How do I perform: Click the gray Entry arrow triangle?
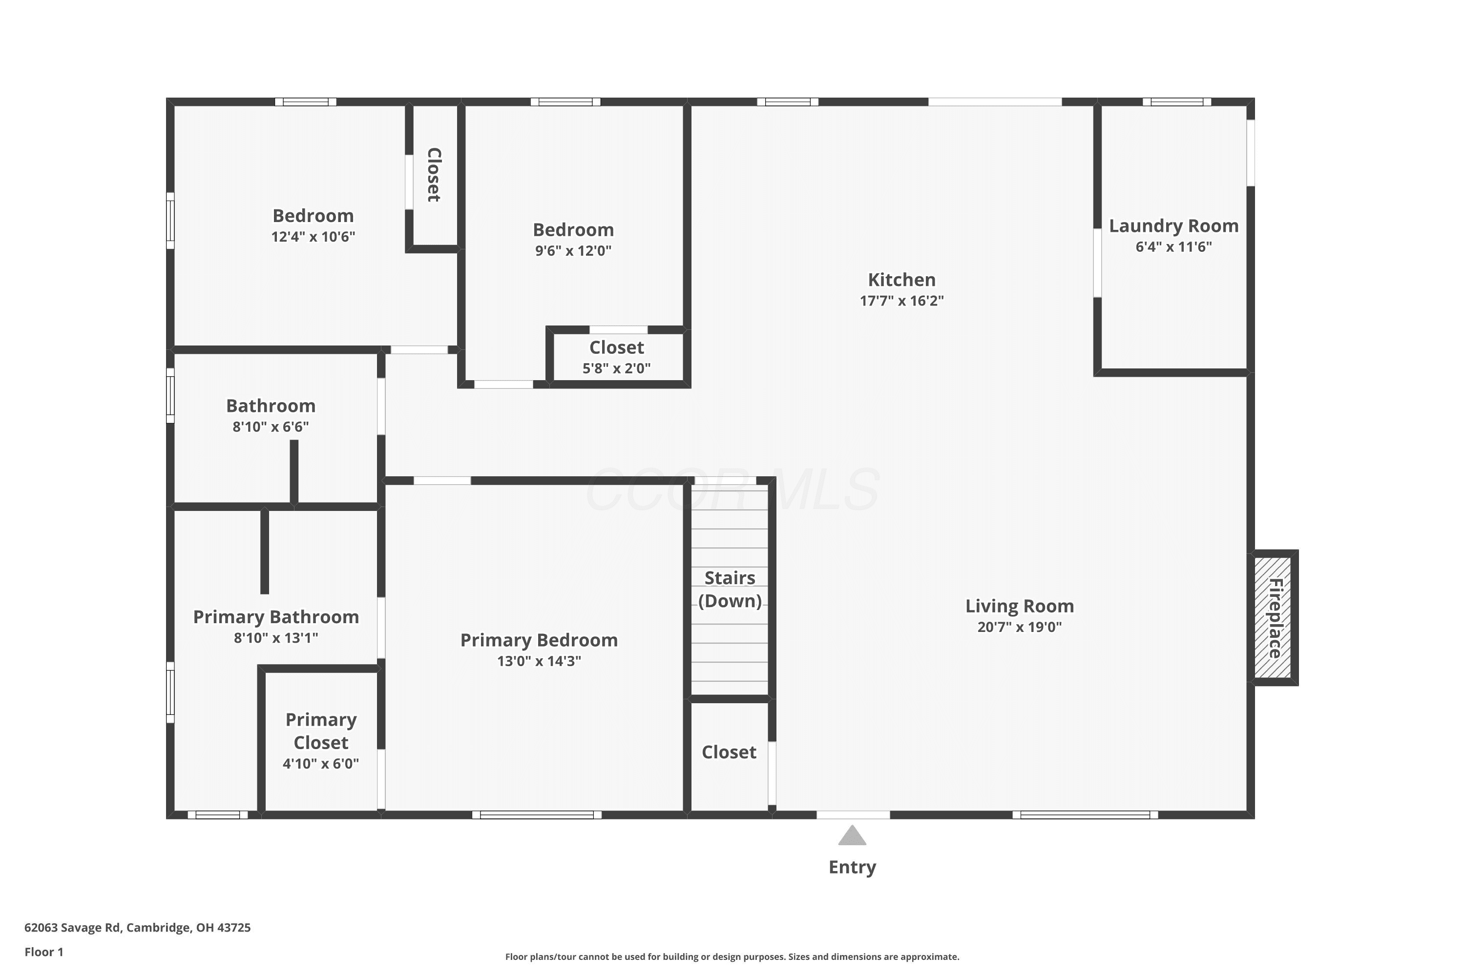[x=852, y=836]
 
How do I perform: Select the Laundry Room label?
[x=1173, y=226]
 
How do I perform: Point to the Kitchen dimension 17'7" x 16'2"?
[x=902, y=301]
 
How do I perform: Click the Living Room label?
[x=1020, y=606]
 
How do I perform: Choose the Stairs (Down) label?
[x=730, y=590]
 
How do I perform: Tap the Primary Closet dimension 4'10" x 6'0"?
[x=321, y=764]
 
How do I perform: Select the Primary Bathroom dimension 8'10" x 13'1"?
[x=276, y=638]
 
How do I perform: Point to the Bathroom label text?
[x=271, y=406]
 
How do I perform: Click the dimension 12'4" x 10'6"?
[x=314, y=237]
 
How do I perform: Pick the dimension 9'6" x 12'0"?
[x=574, y=251]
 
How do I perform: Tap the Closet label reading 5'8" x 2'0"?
[x=617, y=347]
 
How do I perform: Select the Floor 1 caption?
[x=44, y=952]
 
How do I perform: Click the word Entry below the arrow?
[x=852, y=868]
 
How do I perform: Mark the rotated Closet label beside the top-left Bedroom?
[x=434, y=175]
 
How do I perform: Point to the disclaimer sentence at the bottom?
[x=732, y=956]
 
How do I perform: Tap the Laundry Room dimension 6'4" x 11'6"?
[x=1173, y=246]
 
